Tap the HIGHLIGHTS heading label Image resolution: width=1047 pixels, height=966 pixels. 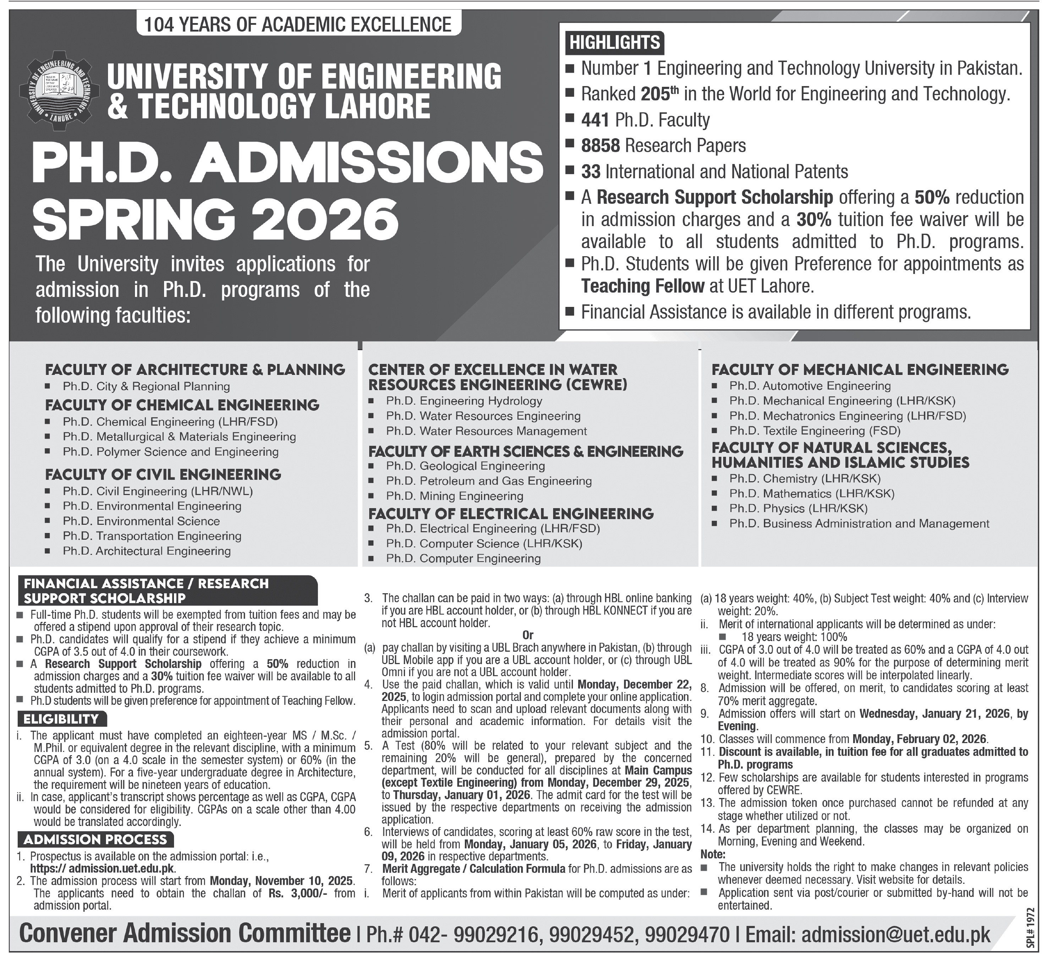click(615, 42)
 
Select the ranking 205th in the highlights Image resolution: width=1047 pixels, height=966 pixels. click(655, 94)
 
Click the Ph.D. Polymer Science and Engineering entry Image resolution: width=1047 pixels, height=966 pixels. click(170, 452)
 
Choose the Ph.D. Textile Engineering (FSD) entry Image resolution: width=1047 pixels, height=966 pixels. click(815, 431)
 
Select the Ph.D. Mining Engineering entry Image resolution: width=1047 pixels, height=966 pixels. click(454, 496)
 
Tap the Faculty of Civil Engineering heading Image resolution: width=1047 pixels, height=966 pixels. click(163, 474)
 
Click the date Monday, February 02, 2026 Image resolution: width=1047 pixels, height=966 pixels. click(919, 739)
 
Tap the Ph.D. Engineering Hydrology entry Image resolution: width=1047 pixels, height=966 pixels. click(464, 401)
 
